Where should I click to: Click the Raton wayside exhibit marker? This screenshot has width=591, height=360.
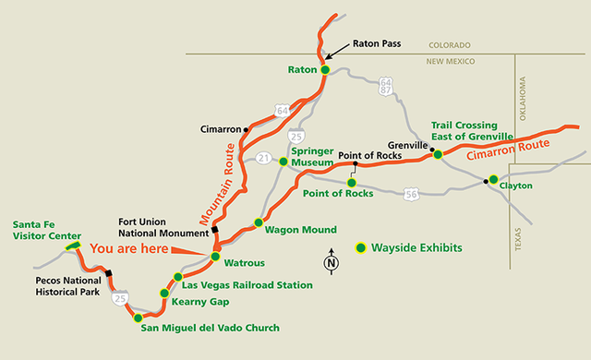325,69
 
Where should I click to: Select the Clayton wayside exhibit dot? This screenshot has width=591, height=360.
493,179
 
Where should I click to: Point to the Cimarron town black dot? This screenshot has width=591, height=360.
246,129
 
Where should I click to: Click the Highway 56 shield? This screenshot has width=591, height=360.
410,194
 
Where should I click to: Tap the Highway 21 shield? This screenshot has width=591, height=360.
262,159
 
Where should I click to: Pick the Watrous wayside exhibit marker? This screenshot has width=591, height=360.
215,257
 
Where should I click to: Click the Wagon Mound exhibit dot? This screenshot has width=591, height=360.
259,222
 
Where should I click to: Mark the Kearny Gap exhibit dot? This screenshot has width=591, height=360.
164,294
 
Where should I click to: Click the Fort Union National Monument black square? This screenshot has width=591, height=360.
214,230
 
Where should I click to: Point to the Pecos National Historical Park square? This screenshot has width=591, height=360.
109,272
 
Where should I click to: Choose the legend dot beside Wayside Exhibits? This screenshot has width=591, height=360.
361,247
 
